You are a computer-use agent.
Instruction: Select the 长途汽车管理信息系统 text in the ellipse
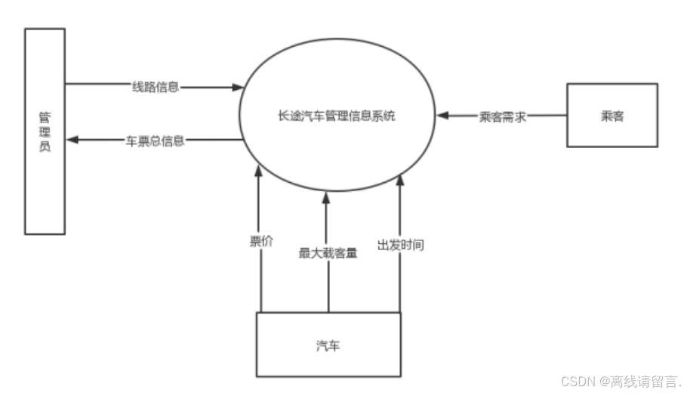click(x=337, y=116)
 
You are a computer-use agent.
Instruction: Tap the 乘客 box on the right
click(x=613, y=116)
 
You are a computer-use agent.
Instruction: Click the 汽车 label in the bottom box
click(x=328, y=345)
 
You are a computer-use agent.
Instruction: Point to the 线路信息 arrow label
click(x=155, y=87)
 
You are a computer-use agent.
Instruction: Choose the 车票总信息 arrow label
click(x=155, y=141)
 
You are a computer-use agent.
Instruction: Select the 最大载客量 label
click(x=328, y=252)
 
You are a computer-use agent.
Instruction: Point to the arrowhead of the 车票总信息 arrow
click(x=71, y=141)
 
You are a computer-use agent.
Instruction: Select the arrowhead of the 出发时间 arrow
click(x=400, y=179)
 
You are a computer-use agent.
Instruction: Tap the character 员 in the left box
click(x=45, y=147)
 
